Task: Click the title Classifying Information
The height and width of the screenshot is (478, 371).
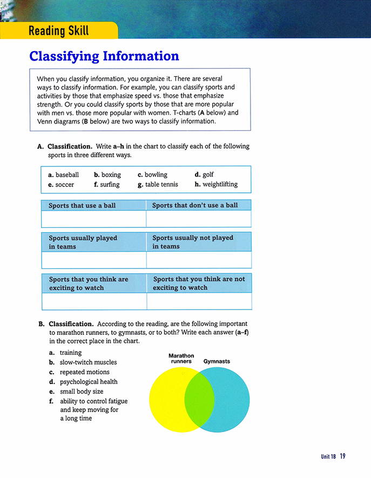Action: point(104,56)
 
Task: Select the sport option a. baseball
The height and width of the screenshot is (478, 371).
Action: point(64,174)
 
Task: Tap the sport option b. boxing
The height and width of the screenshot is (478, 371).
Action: point(107,174)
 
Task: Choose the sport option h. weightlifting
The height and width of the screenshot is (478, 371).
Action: point(215,184)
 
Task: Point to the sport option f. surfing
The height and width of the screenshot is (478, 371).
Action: point(106,184)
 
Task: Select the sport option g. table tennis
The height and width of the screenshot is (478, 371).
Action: point(158,184)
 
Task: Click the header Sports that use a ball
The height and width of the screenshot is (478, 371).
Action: point(82,205)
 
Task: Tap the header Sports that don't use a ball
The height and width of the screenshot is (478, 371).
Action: point(195,205)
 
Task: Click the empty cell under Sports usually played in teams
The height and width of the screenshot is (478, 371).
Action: point(93,259)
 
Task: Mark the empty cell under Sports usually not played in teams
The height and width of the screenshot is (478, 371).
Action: point(199,259)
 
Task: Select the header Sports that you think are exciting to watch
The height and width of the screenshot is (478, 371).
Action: point(89,284)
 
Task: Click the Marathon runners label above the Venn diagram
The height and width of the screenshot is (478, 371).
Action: point(181,359)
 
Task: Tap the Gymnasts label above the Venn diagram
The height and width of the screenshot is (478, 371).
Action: point(217,361)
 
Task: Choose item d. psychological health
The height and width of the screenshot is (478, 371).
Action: point(83,382)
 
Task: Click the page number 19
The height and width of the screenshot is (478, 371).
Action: point(342,456)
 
